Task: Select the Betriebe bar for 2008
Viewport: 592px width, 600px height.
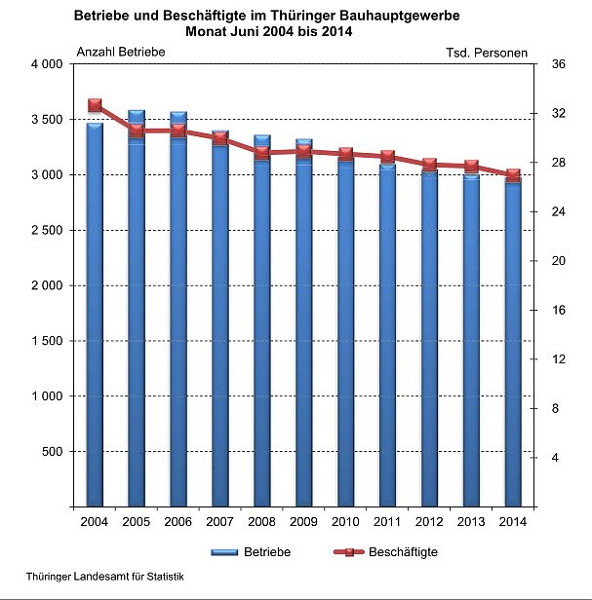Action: tap(261, 321)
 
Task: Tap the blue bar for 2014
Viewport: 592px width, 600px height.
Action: tap(512, 341)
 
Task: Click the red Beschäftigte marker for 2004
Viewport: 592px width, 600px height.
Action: tap(95, 105)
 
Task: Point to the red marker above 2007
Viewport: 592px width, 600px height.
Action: tap(220, 138)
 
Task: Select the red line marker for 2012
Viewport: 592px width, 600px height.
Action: tap(429, 165)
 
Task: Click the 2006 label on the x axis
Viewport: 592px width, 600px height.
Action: tap(178, 523)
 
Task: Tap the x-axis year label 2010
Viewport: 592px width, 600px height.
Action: tap(345, 523)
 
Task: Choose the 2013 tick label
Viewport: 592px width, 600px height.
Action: tap(470, 523)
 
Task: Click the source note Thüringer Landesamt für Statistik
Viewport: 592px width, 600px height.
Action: tap(105, 577)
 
